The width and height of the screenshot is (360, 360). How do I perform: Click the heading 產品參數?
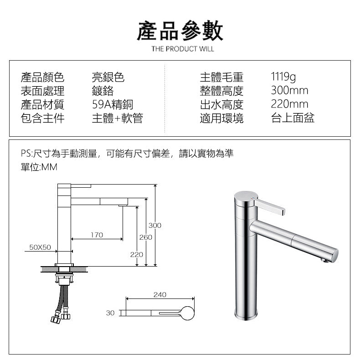pos(180,31)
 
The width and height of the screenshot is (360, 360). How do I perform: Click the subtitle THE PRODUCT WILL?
pos(182,49)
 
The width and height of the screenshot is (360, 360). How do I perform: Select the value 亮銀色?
pos(108,77)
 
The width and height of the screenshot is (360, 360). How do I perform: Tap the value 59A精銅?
pos(113,104)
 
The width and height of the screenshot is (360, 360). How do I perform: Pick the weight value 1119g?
pos(283,77)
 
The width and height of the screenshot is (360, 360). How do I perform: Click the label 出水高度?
pos(221,104)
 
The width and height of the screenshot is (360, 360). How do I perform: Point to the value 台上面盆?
pos(293,118)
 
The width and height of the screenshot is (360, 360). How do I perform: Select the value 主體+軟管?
pos(117,118)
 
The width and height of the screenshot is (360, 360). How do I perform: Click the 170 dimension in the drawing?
pos(97,235)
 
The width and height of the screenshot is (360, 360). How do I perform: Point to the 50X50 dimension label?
pos(40,247)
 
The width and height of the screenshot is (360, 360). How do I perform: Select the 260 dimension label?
pos(146,237)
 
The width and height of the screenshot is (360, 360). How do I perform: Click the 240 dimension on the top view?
pos(159,295)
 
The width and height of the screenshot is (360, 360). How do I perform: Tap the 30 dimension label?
pos(110,313)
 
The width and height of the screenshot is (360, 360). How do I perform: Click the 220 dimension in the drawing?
pos(136,254)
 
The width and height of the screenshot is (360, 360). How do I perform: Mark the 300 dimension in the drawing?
pos(155,226)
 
